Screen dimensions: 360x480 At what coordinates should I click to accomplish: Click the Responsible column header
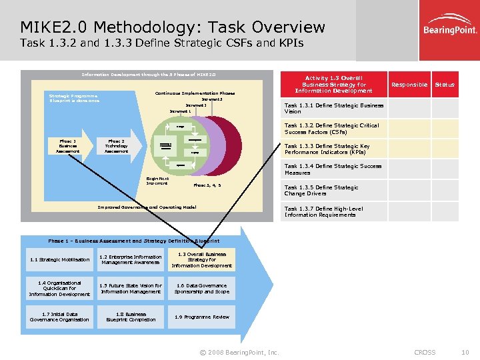click(409, 85)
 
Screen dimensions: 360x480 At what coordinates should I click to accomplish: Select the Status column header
click(445, 85)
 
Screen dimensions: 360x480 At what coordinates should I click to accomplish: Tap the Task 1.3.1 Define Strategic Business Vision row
click(334, 108)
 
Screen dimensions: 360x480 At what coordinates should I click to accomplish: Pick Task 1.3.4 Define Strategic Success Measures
click(333, 169)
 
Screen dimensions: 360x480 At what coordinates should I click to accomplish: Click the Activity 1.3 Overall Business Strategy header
click(334, 84)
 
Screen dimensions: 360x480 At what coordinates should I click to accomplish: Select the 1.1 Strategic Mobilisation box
click(60, 260)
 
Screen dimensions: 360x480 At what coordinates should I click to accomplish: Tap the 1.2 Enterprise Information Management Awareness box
click(131, 260)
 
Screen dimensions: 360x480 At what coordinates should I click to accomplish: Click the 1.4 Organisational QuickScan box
click(60, 289)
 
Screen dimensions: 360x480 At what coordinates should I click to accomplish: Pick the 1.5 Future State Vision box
click(131, 289)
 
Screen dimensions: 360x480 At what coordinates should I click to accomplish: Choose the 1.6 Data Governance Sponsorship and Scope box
click(202, 289)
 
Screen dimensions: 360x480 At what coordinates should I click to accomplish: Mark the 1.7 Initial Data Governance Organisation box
click(60, 317)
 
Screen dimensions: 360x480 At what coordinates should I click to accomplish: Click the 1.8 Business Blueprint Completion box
click(131, 317)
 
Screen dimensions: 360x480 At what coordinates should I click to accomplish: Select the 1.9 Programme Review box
click(202, 317)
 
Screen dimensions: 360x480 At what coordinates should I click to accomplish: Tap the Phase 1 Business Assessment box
click(68, 146)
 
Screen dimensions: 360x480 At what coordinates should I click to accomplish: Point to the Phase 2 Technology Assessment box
click(117, 146)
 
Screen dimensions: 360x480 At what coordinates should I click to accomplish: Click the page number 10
click(465, 352)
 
